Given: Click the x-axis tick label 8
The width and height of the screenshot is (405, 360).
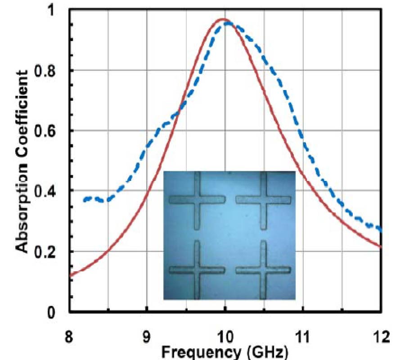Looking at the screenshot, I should coord(69,337).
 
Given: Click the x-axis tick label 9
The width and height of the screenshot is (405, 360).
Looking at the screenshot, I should coord(147,337).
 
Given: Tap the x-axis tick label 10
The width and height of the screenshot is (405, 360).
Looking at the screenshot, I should coord(225,337).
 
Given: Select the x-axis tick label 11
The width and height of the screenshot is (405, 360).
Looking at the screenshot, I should coord(302,337).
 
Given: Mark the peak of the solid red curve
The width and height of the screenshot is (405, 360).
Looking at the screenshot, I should coord(223,19).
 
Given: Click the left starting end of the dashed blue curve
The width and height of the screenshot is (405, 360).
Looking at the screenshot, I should coord(84,200).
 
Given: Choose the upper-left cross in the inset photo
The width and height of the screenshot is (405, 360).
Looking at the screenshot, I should coord(197,199).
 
